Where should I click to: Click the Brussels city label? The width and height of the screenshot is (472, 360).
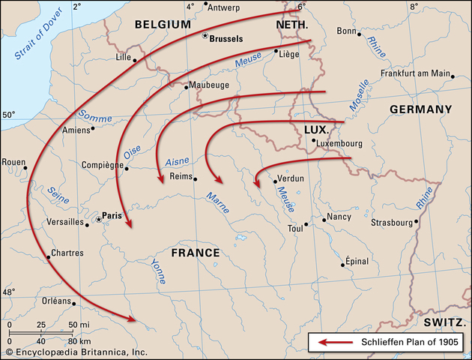[x=229, y=38]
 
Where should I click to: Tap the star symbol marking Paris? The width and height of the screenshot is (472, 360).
[x=98, y=220]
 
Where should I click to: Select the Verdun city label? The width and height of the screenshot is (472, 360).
[x=291, y=180]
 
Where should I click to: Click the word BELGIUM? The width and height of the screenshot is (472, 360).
[x=163, y=24]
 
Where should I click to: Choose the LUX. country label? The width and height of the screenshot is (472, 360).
[x=317, y=130]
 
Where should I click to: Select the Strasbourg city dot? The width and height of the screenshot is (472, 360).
[x=418, y=222]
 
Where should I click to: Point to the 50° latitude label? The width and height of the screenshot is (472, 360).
[x=8, y=115]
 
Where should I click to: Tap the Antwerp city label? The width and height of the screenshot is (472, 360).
[x=228, y=8]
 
